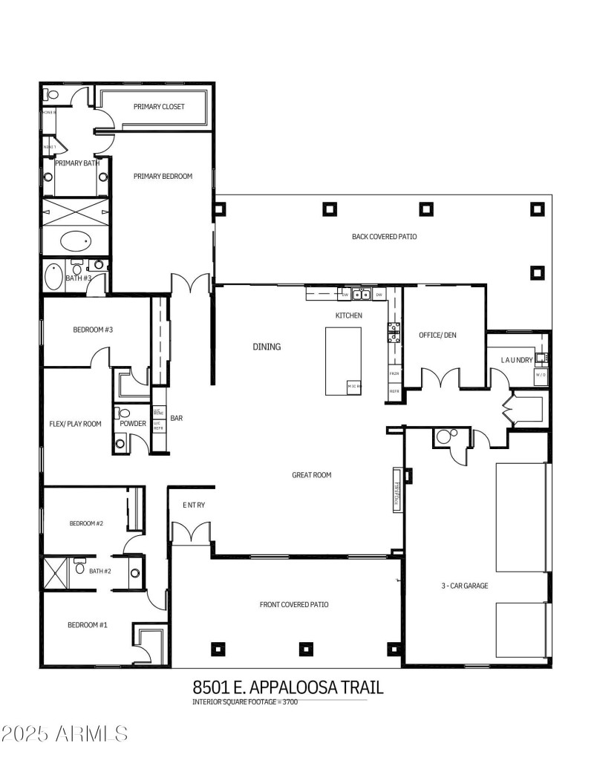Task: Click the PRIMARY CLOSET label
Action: tap(159, 107)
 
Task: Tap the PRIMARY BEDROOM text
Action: tap(163, 177)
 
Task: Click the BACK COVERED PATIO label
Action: tap(384, 237)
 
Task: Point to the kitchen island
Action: tap(343, 361)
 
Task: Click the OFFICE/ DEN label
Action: tap(437, 336)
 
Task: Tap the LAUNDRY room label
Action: tap(516, 360)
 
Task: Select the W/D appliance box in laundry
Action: tap(541, 374)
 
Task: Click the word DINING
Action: tap(267, 347)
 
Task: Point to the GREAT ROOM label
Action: tap(311, 475)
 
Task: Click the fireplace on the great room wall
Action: tap(396, 490)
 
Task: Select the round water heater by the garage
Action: tap(445, 436)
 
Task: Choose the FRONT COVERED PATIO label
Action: tap(294, 604)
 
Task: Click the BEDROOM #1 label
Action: tap(88, 625)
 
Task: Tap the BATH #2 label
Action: tap(99, 571)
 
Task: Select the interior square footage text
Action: tap(245, 702)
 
